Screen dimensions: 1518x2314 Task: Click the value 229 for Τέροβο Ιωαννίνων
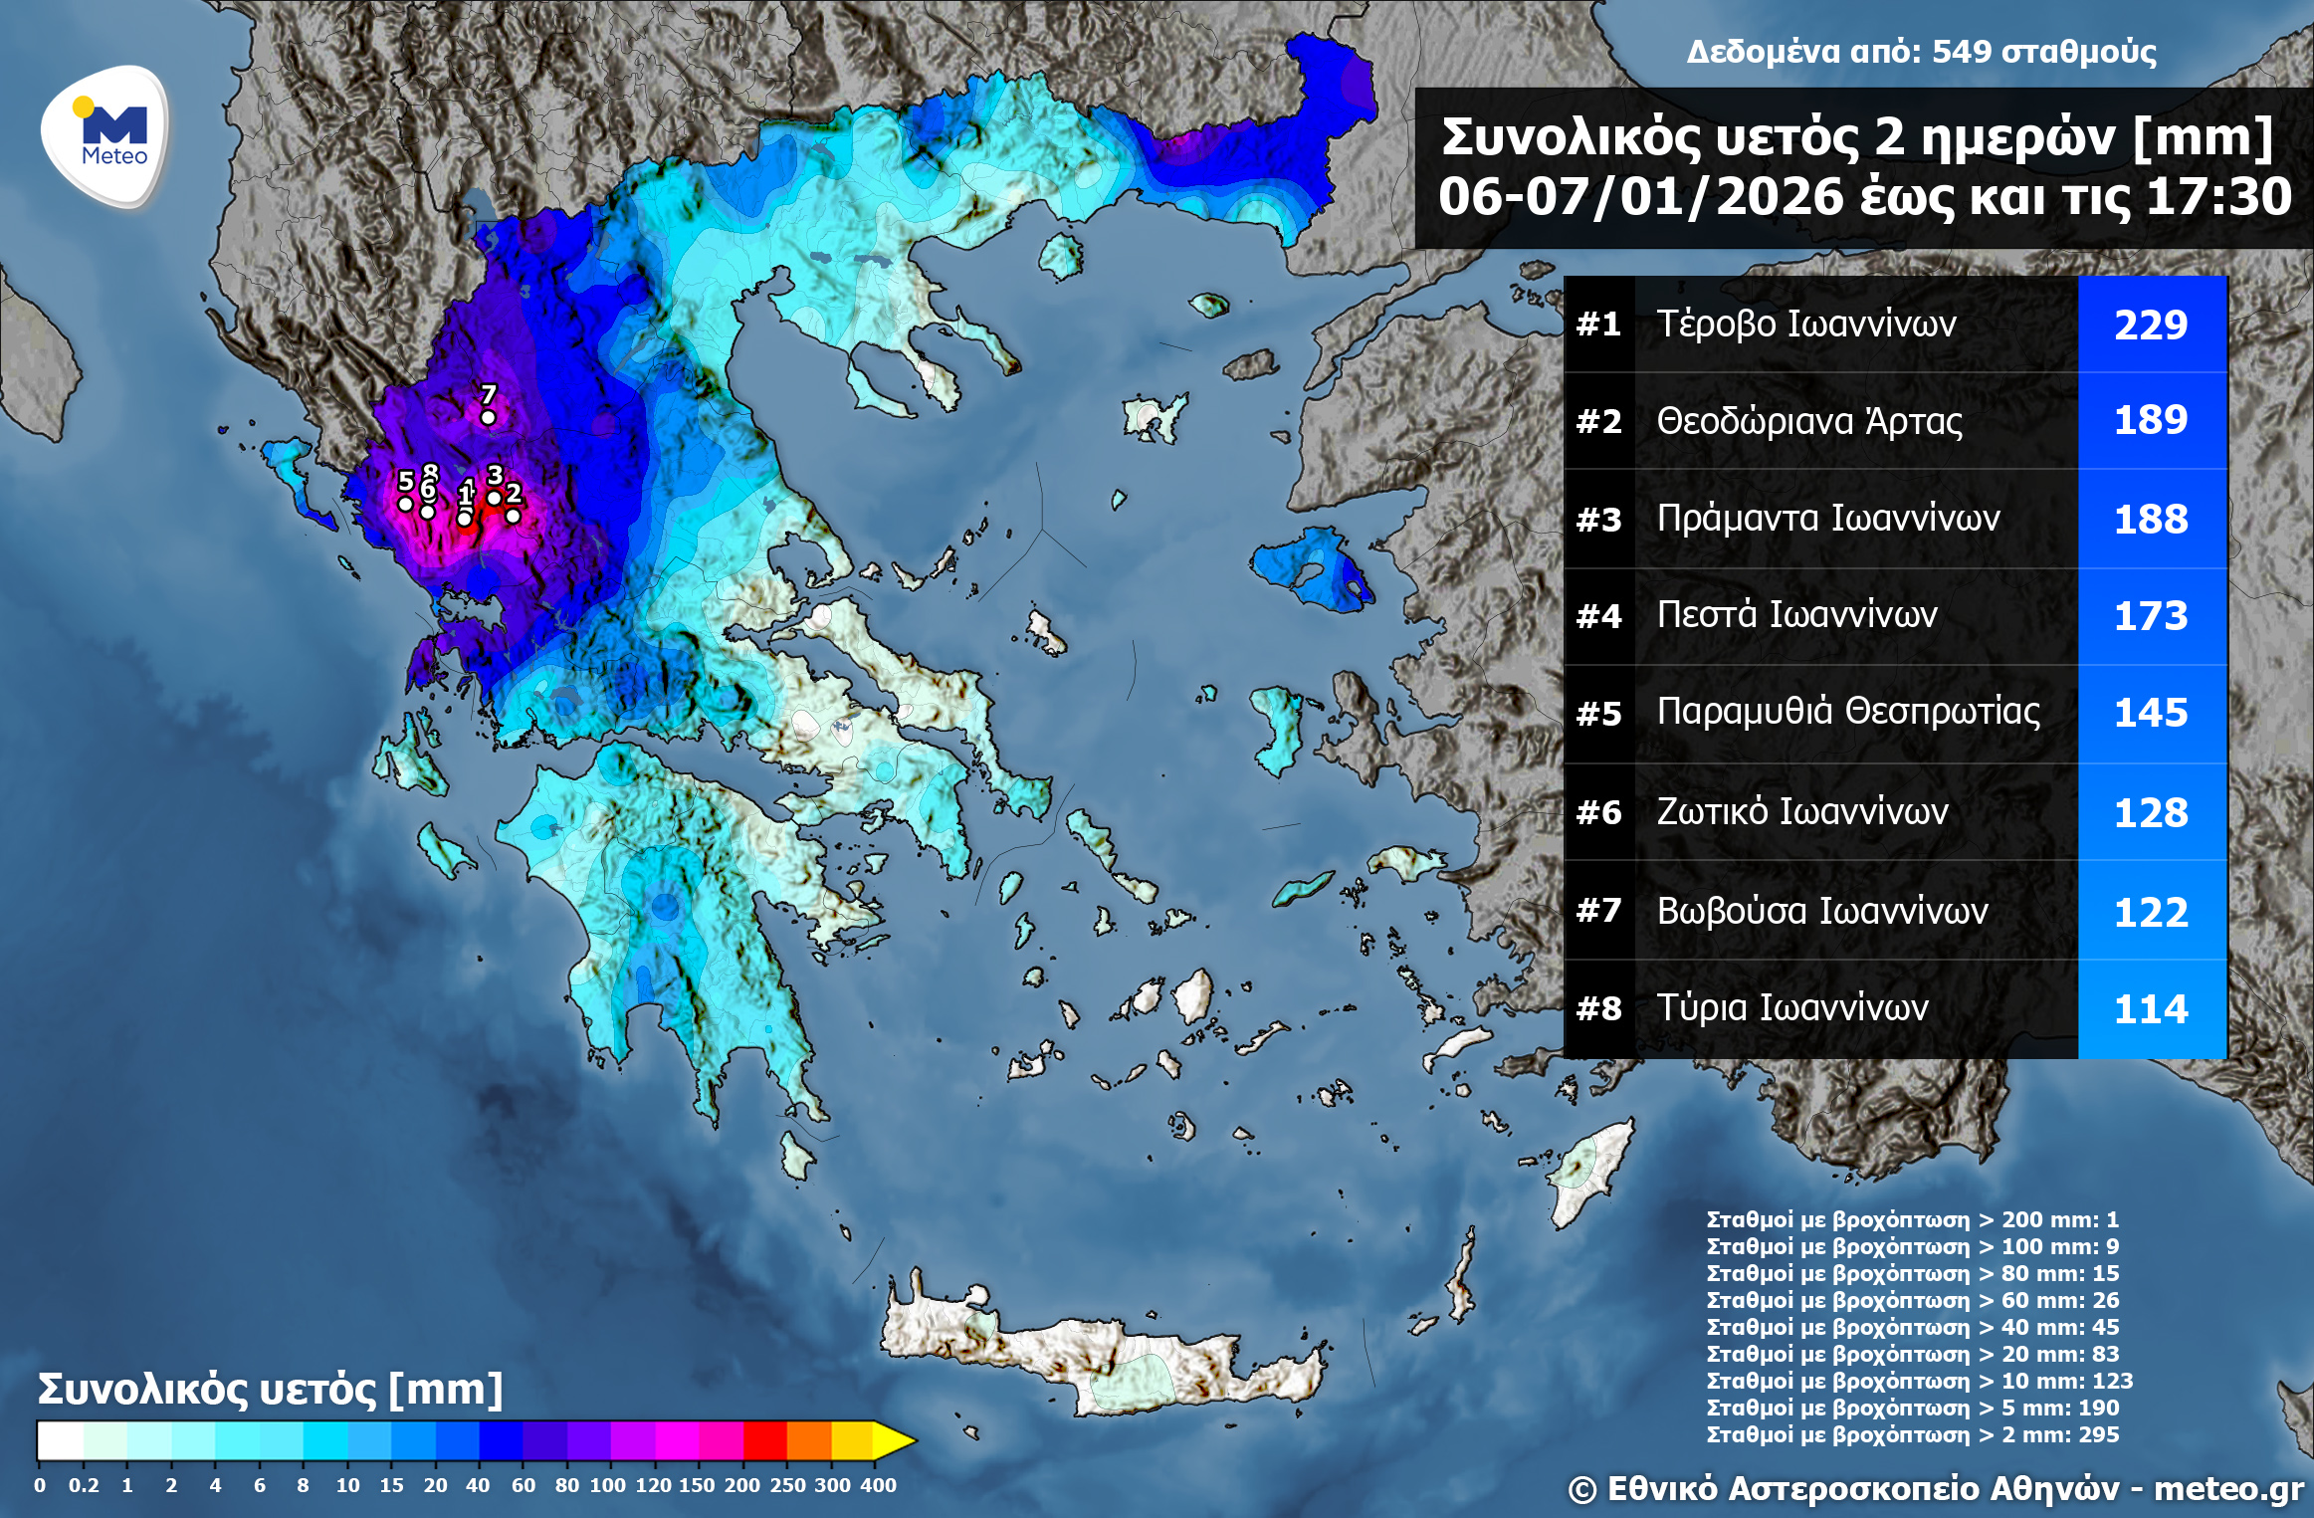pyautogui.click(x=2151, y=325)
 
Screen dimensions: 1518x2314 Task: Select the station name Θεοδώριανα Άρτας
pyautogui.click(x=1808, y=421)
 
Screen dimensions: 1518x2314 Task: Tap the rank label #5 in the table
pyautogui.click(x=1598, y=714)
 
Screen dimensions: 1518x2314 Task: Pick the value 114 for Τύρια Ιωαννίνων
pyautogui.click(x=2151, y=1009)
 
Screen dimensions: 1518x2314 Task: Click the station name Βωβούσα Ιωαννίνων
pyautogui.click(x=1821, y=911)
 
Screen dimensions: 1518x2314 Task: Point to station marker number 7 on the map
pyautogui.click(x=488, y=417)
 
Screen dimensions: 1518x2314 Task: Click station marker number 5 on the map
pyautogui.click(x=405, y=504)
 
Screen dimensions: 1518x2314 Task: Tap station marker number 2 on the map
pyautogui.click(x=513, y=515)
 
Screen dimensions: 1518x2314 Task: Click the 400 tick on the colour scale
pyautogui.click(x=878, y=1485)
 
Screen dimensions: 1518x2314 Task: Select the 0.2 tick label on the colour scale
pyautogui.click(x=84, y=1485)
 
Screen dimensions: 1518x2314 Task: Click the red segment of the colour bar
pyautogui.click(x=764, y=1440)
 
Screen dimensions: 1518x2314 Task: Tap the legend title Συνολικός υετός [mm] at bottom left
pyautogui.click(x=270, y=1389)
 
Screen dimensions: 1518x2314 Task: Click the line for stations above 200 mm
pyautogui.click(x=1912, y=1219)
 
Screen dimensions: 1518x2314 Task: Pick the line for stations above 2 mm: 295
pyautogui.click(x=1912, y=1434)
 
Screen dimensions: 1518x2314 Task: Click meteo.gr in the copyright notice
pyautogui.click(x=2228, y=1488)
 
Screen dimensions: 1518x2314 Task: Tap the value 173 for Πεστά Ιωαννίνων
pyautogui.click(x=2151, y=616)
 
